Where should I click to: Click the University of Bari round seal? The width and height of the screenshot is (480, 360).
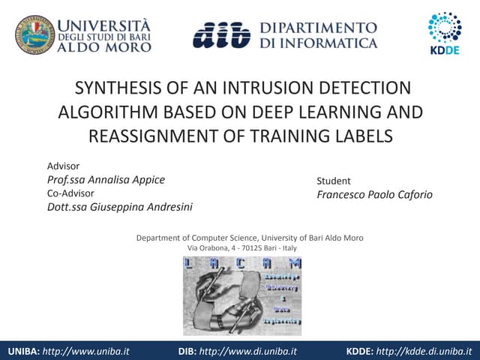point(35,34)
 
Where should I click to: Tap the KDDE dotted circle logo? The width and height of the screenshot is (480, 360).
point(445,27)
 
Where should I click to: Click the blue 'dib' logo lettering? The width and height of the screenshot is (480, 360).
point(220,34)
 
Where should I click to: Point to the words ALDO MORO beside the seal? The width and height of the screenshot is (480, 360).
point(104,46)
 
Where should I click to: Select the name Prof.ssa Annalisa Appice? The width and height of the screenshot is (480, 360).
point(106,179)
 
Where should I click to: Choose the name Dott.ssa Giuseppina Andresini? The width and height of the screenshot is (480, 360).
point(124,207)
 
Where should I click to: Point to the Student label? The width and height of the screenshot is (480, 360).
point(333,181)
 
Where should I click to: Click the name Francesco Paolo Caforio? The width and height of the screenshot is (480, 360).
point(374,194)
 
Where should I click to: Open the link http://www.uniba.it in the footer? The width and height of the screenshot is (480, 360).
point(86,350)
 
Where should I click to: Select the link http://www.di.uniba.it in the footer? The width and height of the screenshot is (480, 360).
point(255,350)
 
